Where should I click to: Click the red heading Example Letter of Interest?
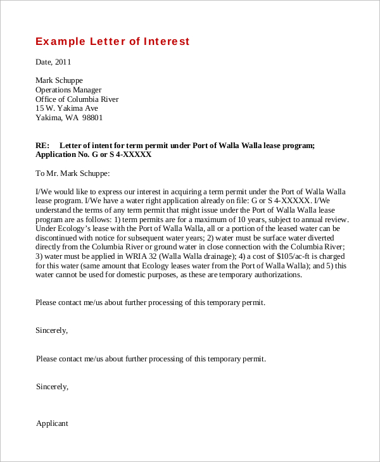tap(112, 42)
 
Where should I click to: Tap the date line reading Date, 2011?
tap(53, 62)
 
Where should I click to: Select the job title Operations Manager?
tap(68, 90)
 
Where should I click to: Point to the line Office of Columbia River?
tap(77, 99)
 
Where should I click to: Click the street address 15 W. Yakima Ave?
tap(66, 108)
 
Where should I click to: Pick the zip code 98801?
tap(92, 118)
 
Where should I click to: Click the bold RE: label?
tap(43, 145)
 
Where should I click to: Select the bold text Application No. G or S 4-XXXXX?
tap(93, 154)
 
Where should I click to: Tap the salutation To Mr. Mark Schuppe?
tap(73, 173)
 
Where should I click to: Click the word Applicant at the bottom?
tap(52, 423)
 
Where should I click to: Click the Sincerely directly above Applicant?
tap(53, 386)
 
